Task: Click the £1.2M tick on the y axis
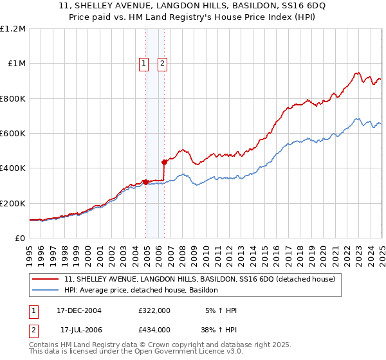tap(13, 29)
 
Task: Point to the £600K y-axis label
tap(13, 134)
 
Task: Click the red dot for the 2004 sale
tap(146, 182)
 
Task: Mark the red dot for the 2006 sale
tap(165, 162)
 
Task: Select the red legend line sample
tap(46, 280)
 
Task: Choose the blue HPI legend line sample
tap(46, 291)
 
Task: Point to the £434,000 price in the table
tap(154, 330)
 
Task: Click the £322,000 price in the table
tap(154, 311)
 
